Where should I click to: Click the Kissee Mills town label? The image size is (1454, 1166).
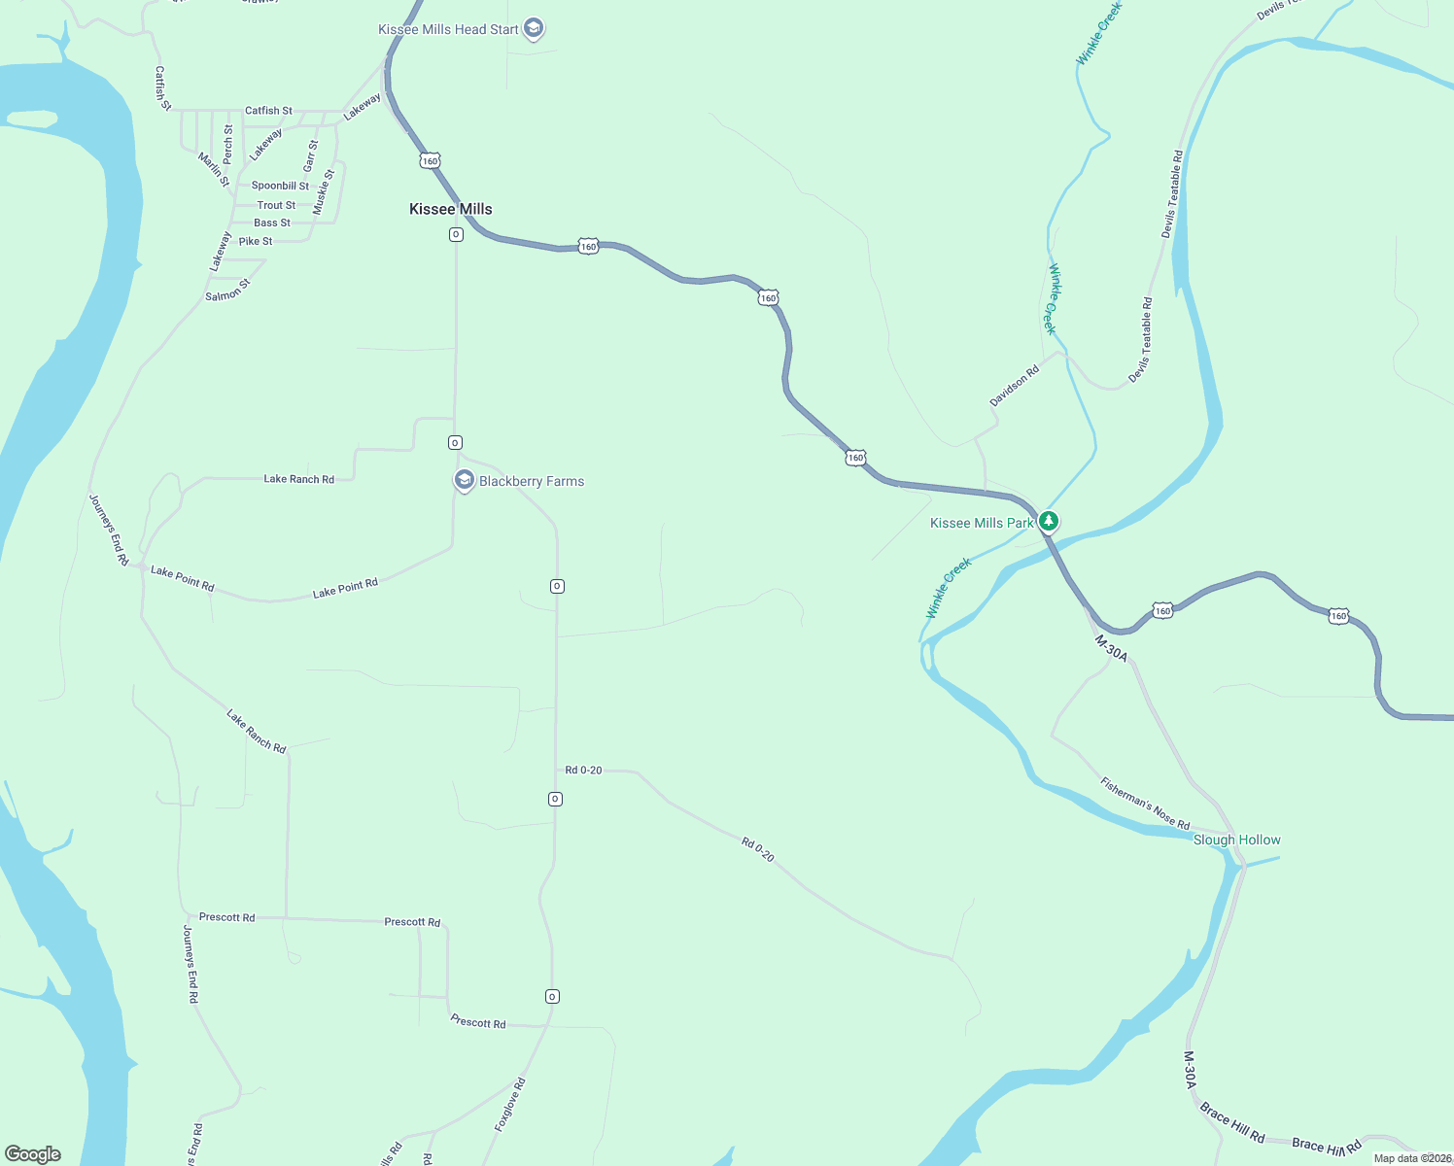[x=450, y=209]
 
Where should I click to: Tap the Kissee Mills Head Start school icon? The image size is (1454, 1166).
[x=533, y=29]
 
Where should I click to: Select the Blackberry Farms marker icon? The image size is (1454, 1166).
[x=465, y=480]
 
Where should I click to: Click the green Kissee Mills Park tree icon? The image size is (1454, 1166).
[x=1048, y=522]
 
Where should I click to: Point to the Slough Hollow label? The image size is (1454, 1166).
[x=1236, y=840]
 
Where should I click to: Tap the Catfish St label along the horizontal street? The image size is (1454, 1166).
[x=268, y=111]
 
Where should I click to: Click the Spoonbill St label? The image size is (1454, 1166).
[x=280, y=186]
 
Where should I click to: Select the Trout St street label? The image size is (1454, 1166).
[x=276, y=205]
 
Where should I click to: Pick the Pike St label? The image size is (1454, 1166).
[x=256, y=241]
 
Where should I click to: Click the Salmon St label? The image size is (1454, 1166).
[x=228, y=291]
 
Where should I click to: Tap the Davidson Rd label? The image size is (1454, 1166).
[x=1014, y=386]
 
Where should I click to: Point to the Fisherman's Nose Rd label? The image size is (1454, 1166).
[x=1145, y=803]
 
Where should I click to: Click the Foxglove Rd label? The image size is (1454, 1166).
[x=510, y=1104]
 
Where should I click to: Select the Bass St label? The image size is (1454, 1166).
[x=272, y=223]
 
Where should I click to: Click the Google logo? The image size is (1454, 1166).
[x=33, y=1154]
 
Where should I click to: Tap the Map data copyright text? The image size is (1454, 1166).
[x=1412, y=1158]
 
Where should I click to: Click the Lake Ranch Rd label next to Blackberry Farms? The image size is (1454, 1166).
[x=298, y=479]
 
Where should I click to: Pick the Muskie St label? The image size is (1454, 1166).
[x=324, y=192]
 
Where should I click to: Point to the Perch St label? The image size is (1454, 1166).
[x=228, y=144]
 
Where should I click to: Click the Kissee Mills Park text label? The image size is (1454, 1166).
[x=982, y=523]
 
